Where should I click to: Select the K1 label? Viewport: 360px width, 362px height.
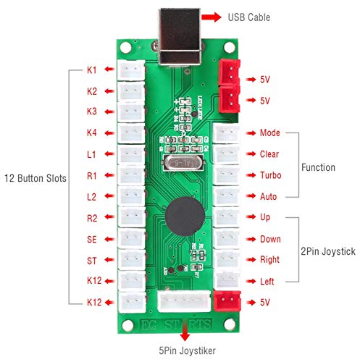pyautogui.click(x=92, y=70)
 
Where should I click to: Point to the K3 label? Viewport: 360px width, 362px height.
pyautogui.click(x=92, y=112)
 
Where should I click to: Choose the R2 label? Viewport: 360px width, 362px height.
pyautogui.click(x=92, y=218)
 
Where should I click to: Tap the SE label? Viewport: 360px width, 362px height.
pyautogui.click(x=92, y=239)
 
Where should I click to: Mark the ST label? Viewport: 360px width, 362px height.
pyautogui.click(x=92, y=260)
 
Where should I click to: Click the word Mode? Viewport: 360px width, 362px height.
pyautogui.click(x=269, y=134)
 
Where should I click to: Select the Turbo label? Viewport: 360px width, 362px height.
pyautogui.click(x=271, y=176)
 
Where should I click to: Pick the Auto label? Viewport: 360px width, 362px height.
pyautogui.click(x=269, y=197)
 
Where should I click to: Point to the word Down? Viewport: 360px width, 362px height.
pyautogui.click(x=270, y=239)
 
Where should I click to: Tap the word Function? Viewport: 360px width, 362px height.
pyautogui.click(x=319, y=167)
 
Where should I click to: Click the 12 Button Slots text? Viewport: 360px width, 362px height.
pyautogui.click(x=33, y=178)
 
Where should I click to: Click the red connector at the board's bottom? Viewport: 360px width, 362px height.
pyautogui.click(x=227, y=301)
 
